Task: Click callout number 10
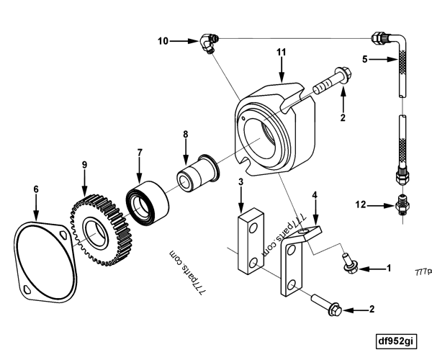coord(163,41)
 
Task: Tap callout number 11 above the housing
coord(282,52)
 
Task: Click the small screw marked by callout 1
coord(348,264)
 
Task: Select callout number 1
coord(388,269)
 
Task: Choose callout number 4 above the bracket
coord(314,195)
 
